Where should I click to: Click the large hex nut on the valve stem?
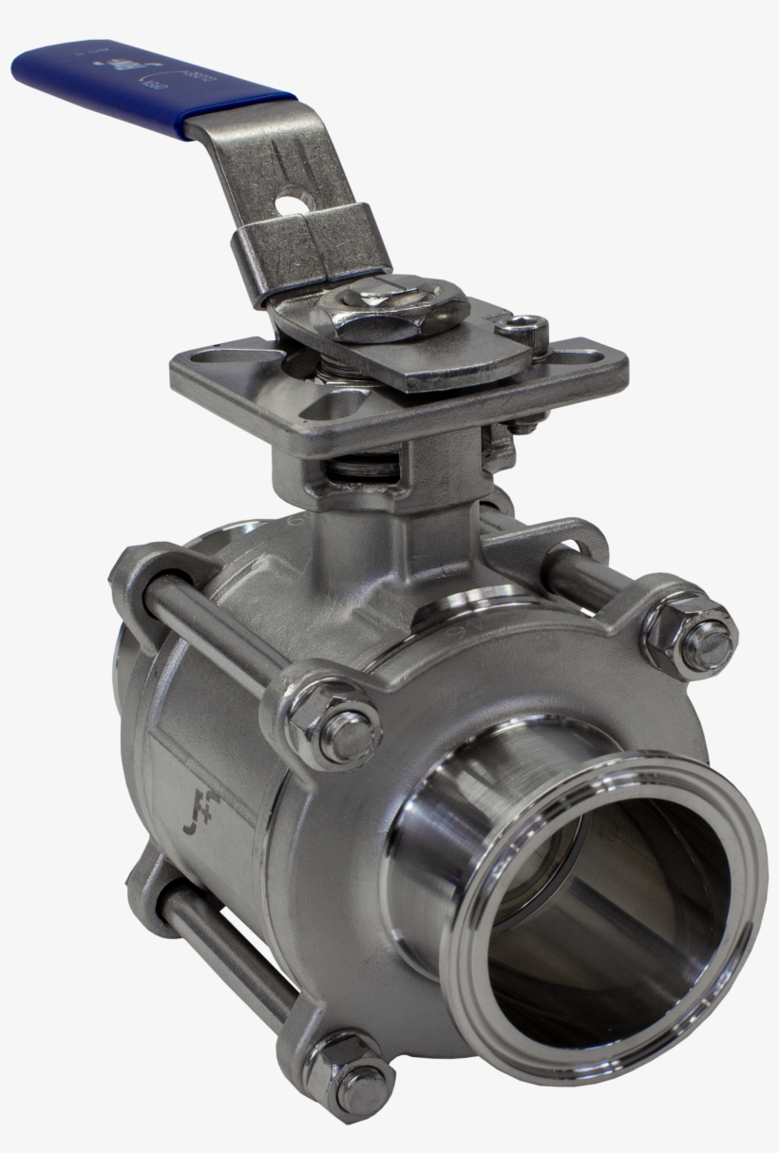coord(392,309)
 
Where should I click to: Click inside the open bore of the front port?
coord(608,932)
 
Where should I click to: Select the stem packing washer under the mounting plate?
coord(366,469)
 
